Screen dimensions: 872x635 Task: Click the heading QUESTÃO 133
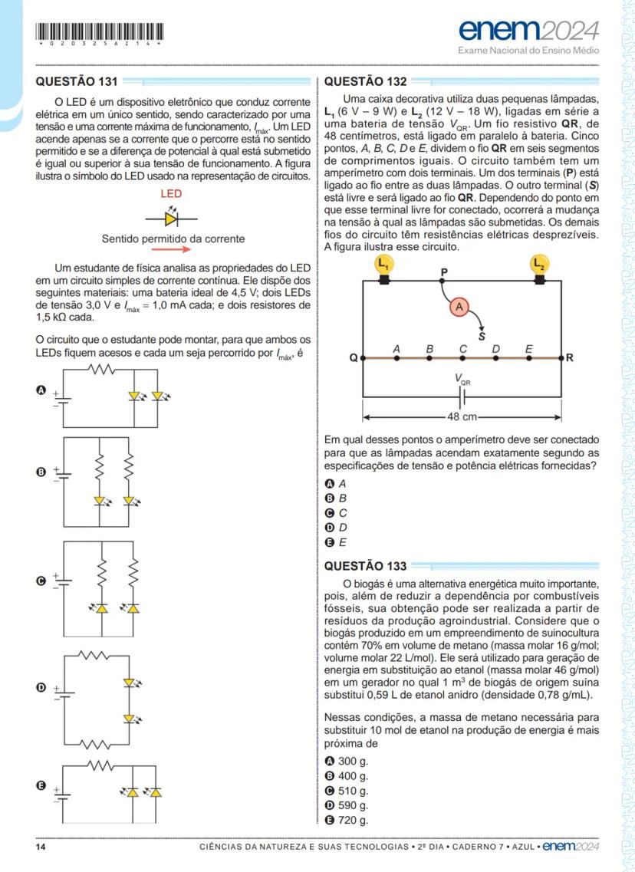tap(366, 567)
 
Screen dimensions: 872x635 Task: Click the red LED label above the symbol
tap(170, 195)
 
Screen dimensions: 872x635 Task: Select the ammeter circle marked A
tap(459, 306)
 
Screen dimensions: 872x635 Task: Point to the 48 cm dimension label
tap(462, 417)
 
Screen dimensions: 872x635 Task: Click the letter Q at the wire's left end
tap(353, 358)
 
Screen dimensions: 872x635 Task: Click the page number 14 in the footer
tap(42, 847)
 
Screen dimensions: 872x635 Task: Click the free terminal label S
tap(482, 335)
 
